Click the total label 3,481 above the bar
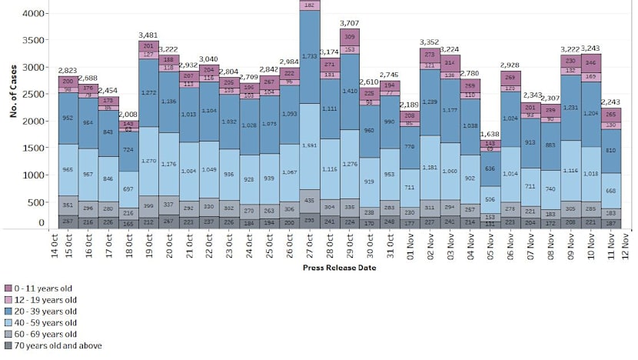(148, 35)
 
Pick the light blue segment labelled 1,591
(308, 145)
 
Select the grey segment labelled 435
(308, 200)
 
